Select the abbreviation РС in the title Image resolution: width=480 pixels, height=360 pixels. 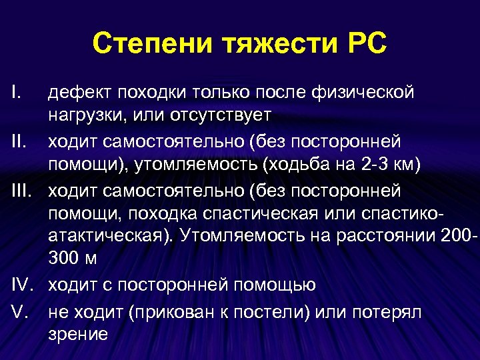tap(363, 45)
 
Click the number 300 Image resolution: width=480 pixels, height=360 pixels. tap(65, 260)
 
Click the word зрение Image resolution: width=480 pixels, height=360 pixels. tap(78, 335)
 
